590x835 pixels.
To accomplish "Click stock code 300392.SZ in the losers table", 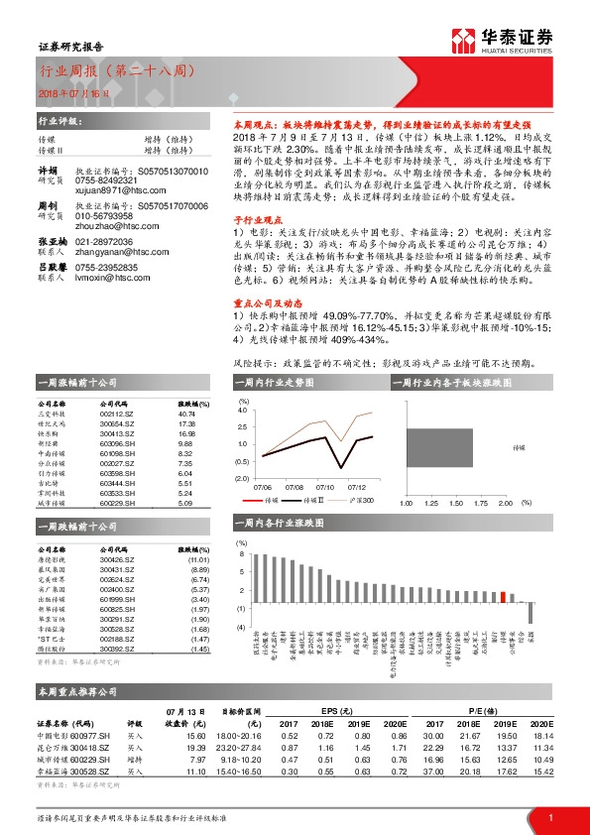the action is (117, 649).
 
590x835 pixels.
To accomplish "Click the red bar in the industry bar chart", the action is (504, 596).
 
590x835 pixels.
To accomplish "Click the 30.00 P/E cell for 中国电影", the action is (433, 735).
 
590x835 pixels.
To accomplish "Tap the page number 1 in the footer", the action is (549, 816).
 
